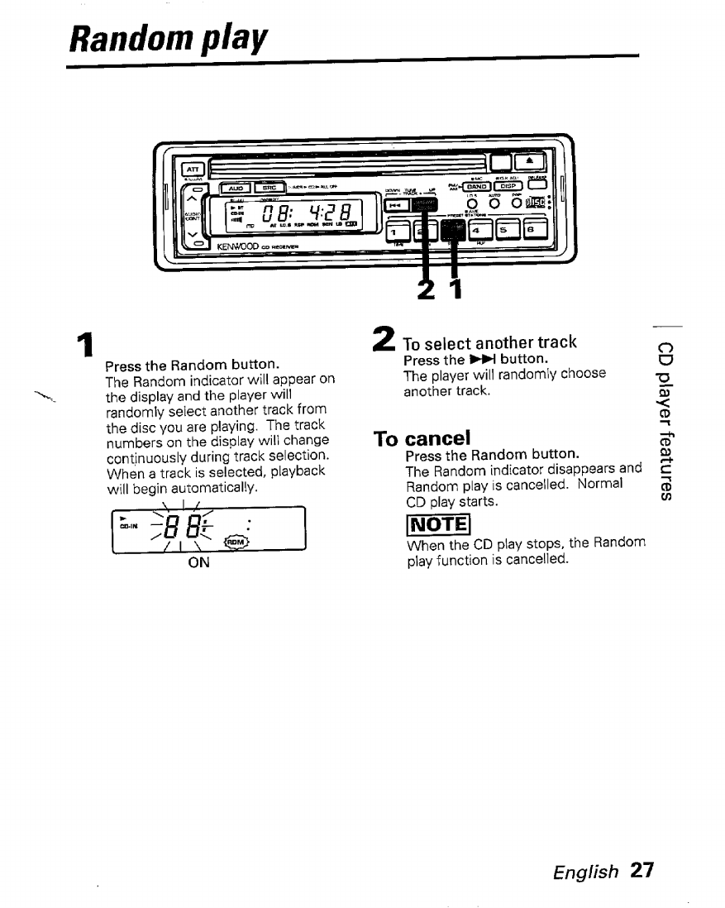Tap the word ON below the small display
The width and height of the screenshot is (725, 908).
point(198,563)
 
